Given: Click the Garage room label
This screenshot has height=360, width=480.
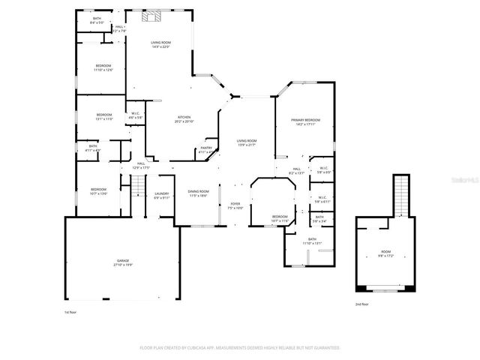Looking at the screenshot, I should click(x=122, y=262).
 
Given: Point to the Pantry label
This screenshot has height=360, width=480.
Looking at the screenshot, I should click(x=206, y=150).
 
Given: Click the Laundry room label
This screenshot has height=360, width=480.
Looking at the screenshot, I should click(x=162, y=196).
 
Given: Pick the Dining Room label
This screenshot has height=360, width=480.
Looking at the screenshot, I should click(x=199, y=193).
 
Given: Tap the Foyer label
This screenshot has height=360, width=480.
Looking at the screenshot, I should click(x=235, y=205).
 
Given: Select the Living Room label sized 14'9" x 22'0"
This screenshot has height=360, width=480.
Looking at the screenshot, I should click(x=160, y=45).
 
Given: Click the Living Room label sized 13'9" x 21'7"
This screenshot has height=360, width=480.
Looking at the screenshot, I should click(x=247, y=142).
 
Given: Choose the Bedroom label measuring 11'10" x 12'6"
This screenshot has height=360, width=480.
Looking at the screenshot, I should click(x=103, y=68).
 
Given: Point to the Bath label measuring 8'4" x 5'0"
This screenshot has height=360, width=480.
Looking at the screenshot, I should click(x=97, y=22).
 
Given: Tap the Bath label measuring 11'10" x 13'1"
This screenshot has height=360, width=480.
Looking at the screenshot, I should click(x=312, y=241).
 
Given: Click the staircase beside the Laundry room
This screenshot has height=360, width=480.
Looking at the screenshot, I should click(x=137, y=192).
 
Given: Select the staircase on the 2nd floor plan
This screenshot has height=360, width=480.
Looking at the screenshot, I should click(x=402, y=193).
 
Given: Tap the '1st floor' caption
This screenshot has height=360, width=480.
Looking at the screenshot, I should click(x=71, y=311).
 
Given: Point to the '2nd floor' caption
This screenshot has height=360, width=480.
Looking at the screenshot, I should click(x=362, y=304).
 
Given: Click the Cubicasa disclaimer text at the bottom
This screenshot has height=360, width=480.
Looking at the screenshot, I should click(x=240, y=348).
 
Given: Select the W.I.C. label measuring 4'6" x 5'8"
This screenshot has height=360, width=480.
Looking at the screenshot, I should click(x=135, y=116).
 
